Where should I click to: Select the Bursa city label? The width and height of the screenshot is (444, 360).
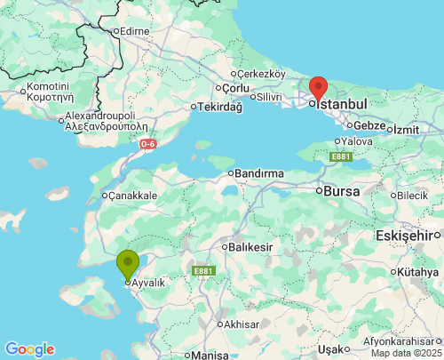click(340, 190)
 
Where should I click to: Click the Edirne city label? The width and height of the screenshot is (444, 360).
click(134, 31)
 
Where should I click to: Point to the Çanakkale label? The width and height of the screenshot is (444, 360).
click(132, 196)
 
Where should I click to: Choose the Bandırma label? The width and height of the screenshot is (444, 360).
click(258, 172)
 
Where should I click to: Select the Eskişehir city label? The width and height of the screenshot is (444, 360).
click(408, 236)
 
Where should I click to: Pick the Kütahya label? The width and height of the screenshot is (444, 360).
click(418, 271)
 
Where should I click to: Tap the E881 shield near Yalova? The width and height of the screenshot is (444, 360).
click(342, 157)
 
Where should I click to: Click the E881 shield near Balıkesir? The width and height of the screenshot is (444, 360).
click(203, 271)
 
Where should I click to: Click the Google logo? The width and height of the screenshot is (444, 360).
click(29, 349)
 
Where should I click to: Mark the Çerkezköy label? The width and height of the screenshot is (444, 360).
click(261, 74)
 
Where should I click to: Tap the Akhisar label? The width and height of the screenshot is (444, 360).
click(242, 324)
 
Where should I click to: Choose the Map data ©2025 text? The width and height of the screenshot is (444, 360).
click(405, 353)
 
